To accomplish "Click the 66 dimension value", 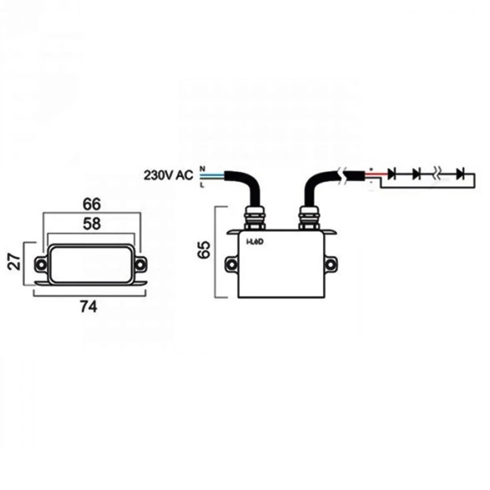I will (92, 204).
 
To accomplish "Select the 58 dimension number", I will (92, 224).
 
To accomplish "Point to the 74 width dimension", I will (89, 307).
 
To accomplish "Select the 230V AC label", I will (168, 175).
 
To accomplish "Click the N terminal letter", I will (202, 168).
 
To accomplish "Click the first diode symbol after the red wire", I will (392, 173).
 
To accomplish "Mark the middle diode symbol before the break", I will (417, 173).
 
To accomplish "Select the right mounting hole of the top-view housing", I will (141, 264).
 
